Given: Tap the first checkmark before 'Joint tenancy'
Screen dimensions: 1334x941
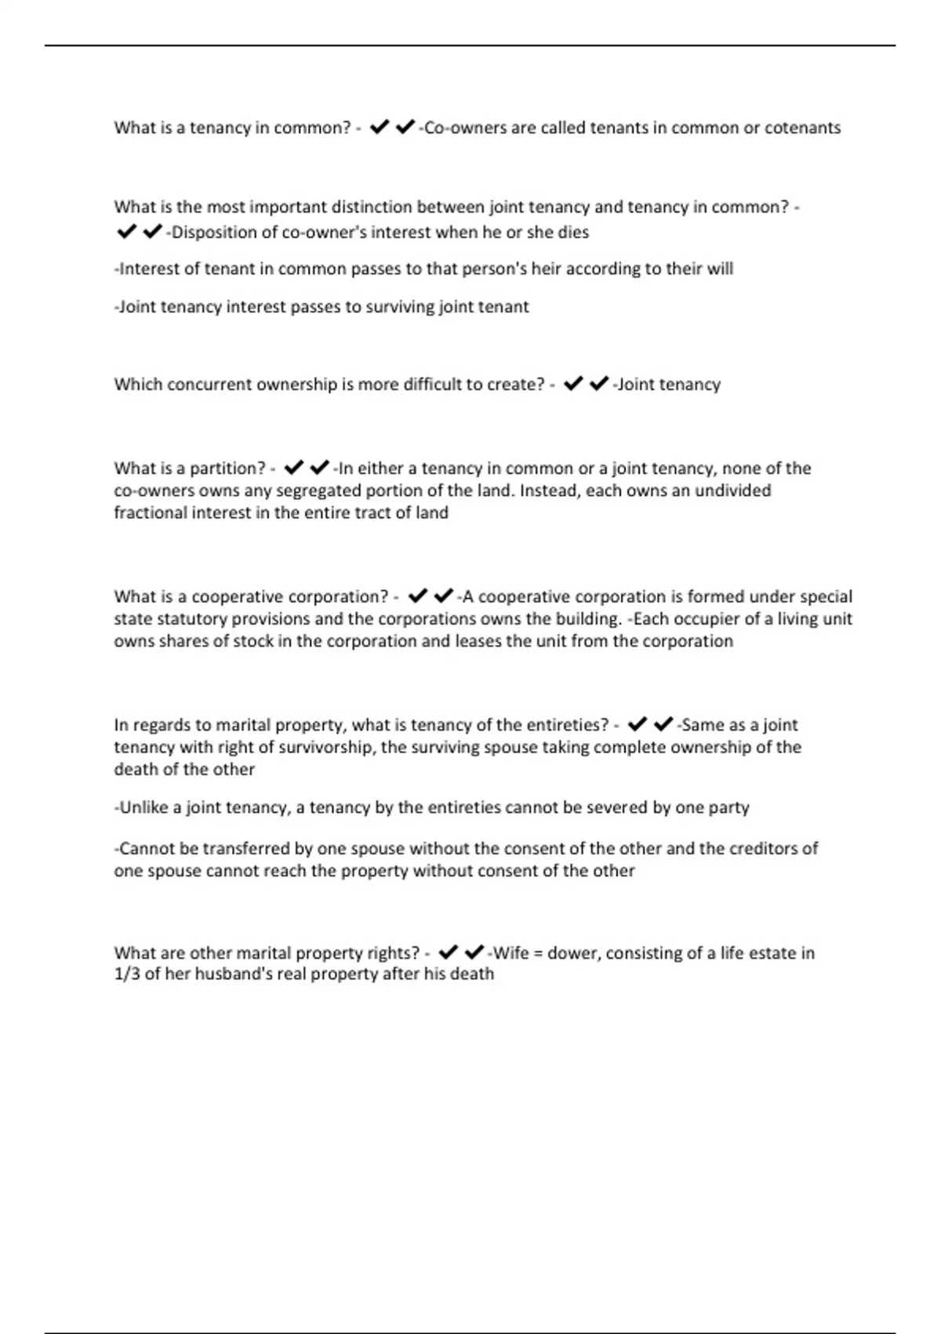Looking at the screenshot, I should point(573,384).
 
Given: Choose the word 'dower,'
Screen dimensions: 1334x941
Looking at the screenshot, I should point(573,953).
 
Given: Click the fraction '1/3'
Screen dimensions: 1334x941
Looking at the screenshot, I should point(126,975).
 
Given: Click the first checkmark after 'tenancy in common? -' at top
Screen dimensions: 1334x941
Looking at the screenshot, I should point(380,127).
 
